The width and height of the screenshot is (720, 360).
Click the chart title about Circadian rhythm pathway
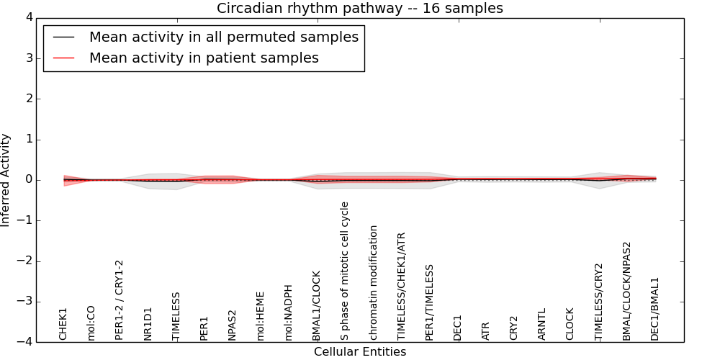(359, 8)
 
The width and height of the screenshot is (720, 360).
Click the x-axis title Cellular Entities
(360, 352)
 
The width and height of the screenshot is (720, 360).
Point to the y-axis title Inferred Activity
(5, 180)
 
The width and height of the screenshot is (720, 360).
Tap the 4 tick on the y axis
(29, 18)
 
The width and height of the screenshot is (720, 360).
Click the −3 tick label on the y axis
(23, 302)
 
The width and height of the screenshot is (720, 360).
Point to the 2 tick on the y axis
(29, 99)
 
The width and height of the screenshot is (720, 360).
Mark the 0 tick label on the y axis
(29, 180)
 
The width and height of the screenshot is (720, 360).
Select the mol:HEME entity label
(261, 316)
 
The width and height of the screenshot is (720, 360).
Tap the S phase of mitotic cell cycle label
(345, 271)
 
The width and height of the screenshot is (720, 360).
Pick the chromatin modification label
(373, 283)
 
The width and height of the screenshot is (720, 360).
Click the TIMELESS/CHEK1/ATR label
(401, 287)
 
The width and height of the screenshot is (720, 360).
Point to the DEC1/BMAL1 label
(654, 309)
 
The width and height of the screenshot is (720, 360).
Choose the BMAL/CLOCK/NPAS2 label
(627, 291)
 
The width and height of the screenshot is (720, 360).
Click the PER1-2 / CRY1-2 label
(120, 300)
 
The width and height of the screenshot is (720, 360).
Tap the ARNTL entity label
(542, 324)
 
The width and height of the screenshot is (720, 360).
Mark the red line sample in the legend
(63, 58)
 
